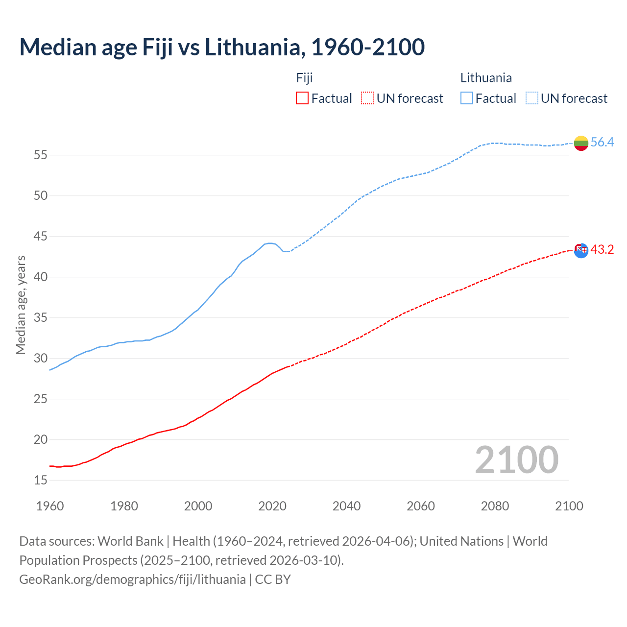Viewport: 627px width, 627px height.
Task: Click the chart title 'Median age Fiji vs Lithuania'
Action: pyautogui.click(x=221, y=47)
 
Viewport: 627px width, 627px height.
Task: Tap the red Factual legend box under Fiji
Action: pyautogui.click(x=302, y=98)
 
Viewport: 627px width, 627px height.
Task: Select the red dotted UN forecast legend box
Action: pyautogui.click(x=367, y=98)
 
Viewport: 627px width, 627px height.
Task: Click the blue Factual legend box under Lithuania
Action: pyautogui.click(x=467, y=98)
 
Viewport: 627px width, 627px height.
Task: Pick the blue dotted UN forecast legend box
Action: pyautogui.click(x=532, y=98)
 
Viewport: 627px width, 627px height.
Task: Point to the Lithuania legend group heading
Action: pyautogui.click(x=486, y=78)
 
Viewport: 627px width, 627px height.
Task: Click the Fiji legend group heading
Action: pyautogui.click(x=304, y=78)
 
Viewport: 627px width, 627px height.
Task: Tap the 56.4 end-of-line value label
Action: pyautogui.click(x=602, y=142)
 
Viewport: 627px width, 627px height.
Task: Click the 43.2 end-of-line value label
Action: pyautogui.click(x=602, y=249)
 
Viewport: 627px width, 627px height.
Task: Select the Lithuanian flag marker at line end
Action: pyautogui.click(x=581, y=143)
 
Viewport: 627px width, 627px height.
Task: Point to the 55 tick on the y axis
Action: pyautogui.click(x=41, y=155)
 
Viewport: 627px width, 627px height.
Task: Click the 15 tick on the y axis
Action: pyautogui.click(x=41, y=480)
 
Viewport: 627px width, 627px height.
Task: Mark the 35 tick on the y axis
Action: pyautogui.click(x=41, y=318)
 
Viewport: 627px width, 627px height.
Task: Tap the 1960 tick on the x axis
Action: pyautogui.click(x=50, y=506)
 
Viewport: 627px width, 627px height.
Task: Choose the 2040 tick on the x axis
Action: pyautogui.click(x=346, y=506)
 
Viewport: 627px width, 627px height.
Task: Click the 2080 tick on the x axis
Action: pyautogui.click(x=495, y=506)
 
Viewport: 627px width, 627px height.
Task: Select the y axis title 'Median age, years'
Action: pyautogui.click(x=21, y=305)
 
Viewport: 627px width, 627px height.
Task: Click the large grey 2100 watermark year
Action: pyautogui.click(x=517, y=459)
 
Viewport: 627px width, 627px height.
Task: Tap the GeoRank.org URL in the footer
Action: pyautogui.click(x=132, y=579)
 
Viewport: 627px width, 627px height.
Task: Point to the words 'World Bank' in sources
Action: pyautogui.click(x=130, y=541)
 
